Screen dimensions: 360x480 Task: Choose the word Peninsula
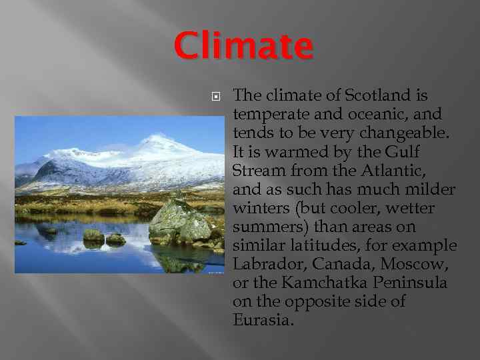pyautogui.click(x=413, y=283)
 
